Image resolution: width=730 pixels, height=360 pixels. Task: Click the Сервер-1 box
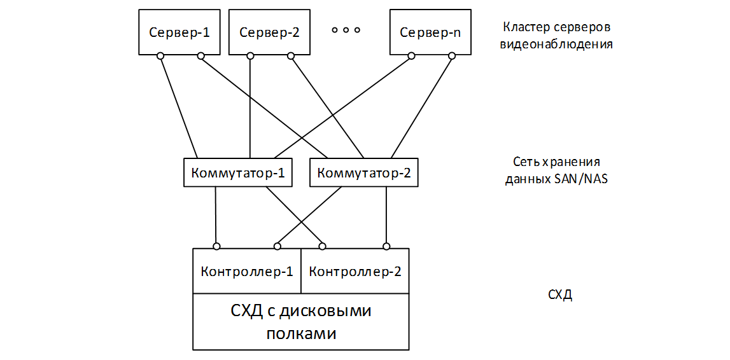tap(179, 32)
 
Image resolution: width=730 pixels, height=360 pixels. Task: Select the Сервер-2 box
tap(269, 32)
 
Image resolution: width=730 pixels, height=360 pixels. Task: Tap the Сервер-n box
tap(430, 32)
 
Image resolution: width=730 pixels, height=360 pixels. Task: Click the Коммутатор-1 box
tap(237, 172)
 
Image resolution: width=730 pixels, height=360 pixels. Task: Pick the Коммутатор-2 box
tap(364, 172)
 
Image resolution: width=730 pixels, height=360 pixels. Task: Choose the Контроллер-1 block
tap(246, 272)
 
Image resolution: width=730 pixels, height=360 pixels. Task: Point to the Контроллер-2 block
tap(354, 272)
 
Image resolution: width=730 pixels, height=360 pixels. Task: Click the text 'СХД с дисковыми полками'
tap(301, 322)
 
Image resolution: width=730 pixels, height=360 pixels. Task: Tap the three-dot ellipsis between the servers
tap(346, 30)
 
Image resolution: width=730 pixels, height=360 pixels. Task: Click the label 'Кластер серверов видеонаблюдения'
tap(556, 36)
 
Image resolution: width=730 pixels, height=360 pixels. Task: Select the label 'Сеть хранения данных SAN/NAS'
tap(556, 170)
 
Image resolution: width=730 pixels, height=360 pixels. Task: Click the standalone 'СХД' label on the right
tap(559, 295)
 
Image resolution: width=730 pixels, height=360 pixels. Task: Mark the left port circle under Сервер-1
tap(161, 57)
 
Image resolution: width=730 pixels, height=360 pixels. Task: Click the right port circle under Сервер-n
tap(452, 57)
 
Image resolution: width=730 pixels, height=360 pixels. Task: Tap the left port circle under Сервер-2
tap(251, 57)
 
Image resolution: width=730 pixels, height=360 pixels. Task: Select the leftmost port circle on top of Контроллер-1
tap(216, 246)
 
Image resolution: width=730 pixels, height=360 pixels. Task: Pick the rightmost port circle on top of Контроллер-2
tap(386, 246)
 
